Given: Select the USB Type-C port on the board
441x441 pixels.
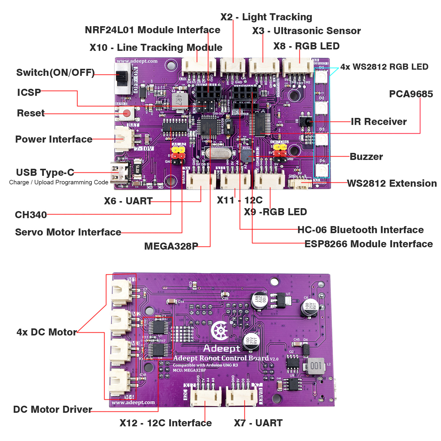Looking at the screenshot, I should [x=119, y=174].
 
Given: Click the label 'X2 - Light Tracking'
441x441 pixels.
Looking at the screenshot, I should [x=266, y=17].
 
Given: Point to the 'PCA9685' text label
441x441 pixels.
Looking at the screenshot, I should [x=411, y=94].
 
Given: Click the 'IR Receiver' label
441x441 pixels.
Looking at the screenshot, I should [x=379, y=122].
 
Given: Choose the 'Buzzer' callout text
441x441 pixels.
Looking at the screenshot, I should [x=366, y=157].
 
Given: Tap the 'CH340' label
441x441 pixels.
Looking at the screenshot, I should [x=31, y=215].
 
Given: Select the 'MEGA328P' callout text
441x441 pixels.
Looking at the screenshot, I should [x=171, y=246].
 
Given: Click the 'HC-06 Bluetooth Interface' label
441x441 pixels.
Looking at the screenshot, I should [x=360, y=230].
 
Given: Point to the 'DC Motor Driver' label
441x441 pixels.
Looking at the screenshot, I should [x=53, y=410].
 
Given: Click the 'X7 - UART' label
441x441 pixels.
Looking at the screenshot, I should [x=258, y=423].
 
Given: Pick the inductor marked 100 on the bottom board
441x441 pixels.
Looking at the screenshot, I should [x=316, y=366].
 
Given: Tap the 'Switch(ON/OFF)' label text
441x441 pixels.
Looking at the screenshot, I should [x=55, y=73].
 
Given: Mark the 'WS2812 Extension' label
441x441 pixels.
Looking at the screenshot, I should [x=392, y=183].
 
